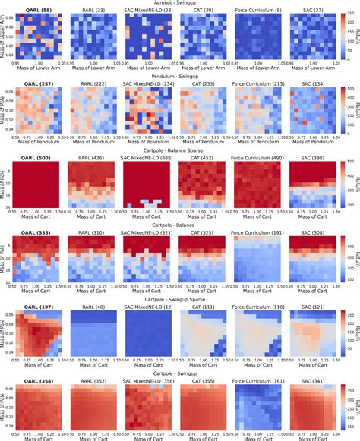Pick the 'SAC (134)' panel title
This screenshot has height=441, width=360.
tap(308, 85)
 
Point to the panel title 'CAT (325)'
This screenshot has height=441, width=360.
tap(201, 231)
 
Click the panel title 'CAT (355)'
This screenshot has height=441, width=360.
tap(201, 376)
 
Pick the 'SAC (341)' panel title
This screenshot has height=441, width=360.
tap(308, 376)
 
